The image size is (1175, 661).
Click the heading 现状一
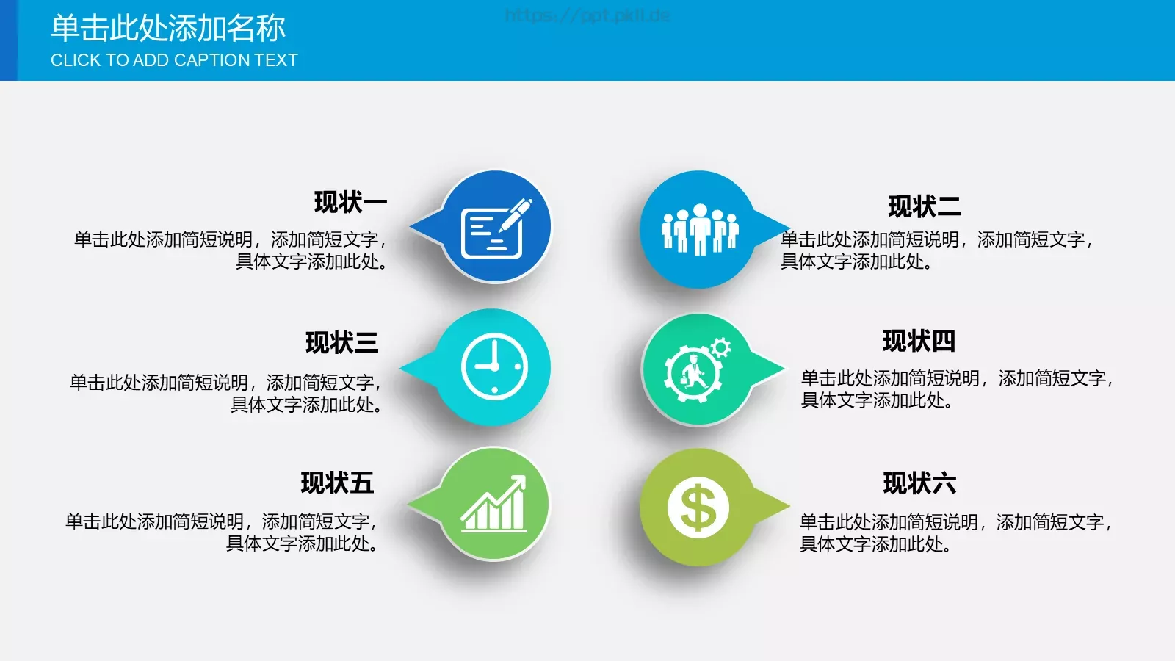pos(350,202)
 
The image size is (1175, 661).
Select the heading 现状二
pos(924,207)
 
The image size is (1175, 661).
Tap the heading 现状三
pos(341,343)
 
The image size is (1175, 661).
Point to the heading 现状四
pos(919,342)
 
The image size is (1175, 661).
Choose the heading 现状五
pos(337,483)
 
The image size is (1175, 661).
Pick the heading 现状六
pos(919,484)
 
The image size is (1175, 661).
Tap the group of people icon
pos(699,229)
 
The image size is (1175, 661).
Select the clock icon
pos(494,366)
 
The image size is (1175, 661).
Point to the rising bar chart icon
pos(494,505)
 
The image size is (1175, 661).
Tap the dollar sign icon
pos(698,508)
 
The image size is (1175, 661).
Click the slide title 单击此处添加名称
pos(168,29)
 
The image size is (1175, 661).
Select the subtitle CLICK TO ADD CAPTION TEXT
pos(174,60)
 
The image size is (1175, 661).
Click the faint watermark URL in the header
pos(587,15)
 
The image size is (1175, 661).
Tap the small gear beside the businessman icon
pos(721,347)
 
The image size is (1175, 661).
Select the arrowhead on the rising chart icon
pos(519,482)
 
